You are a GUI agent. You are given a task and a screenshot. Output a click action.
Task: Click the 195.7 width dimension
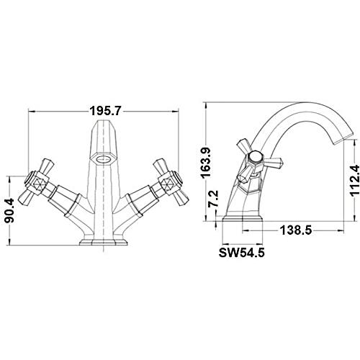(x=104, y=111)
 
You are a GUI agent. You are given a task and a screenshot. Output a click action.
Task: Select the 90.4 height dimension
(x=9, y=210)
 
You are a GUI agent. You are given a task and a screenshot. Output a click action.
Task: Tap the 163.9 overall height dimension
(x=206, y=163)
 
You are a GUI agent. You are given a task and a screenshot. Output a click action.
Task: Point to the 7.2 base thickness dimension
(x=213, y=199)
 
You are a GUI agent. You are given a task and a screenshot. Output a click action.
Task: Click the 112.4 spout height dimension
(x=354, y=181)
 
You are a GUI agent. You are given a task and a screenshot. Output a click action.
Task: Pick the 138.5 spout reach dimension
(x=296, y=230)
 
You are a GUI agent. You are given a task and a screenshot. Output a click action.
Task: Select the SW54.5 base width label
(x=241, y=253)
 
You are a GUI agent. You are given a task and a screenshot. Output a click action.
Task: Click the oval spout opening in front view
(x=104, y=158)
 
